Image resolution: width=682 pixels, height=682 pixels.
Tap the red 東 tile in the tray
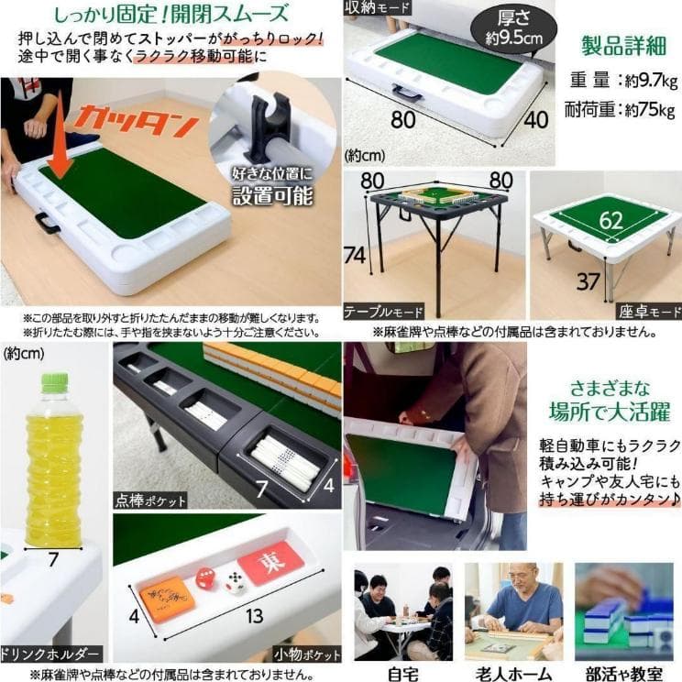pos(269,562)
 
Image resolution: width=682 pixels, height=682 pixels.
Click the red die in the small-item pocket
pos(205,578)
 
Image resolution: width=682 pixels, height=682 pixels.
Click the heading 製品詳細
pos(622,46)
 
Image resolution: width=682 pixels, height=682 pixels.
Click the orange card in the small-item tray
pos(168,594)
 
